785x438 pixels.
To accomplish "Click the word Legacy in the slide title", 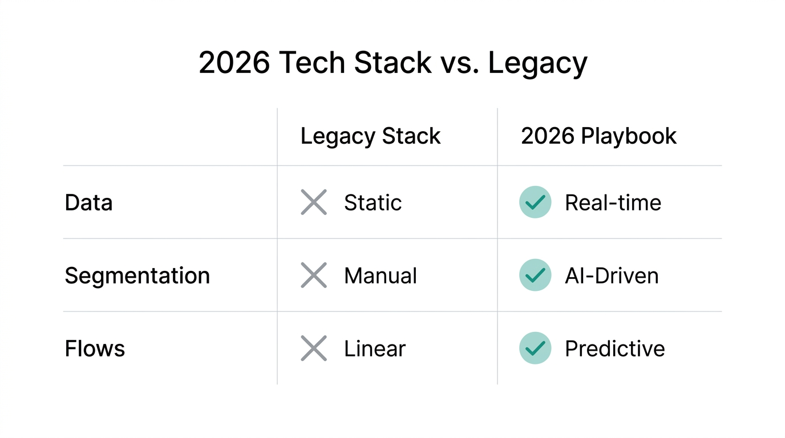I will coord(537,63).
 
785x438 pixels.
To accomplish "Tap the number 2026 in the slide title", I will coord(234,63).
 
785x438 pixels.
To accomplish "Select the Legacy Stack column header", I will coord(370,136).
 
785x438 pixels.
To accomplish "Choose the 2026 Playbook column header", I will coord(598,136).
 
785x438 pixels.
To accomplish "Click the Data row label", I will coord(88,202).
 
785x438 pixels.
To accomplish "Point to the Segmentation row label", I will coord(137,275).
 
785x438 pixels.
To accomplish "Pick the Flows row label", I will coord(95,348).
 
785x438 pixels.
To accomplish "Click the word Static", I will coord(373,202).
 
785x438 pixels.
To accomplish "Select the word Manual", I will coord(380,275).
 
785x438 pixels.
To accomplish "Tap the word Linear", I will coord(374,348).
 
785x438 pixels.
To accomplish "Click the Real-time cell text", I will coord(613,202).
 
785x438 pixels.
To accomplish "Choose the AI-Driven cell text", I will coord(612,275).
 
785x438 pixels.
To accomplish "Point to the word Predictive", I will coord(614,348).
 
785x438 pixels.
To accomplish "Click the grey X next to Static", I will coord(314,202).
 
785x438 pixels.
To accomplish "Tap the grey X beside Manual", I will coord(314,275).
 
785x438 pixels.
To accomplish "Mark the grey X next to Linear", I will coord(314,348).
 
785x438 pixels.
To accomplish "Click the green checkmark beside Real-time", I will coord(535,202).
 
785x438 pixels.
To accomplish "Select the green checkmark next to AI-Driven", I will coord(535,275).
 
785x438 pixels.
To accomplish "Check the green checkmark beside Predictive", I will coord(535,348).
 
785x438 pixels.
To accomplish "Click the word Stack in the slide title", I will coord(392,63).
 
